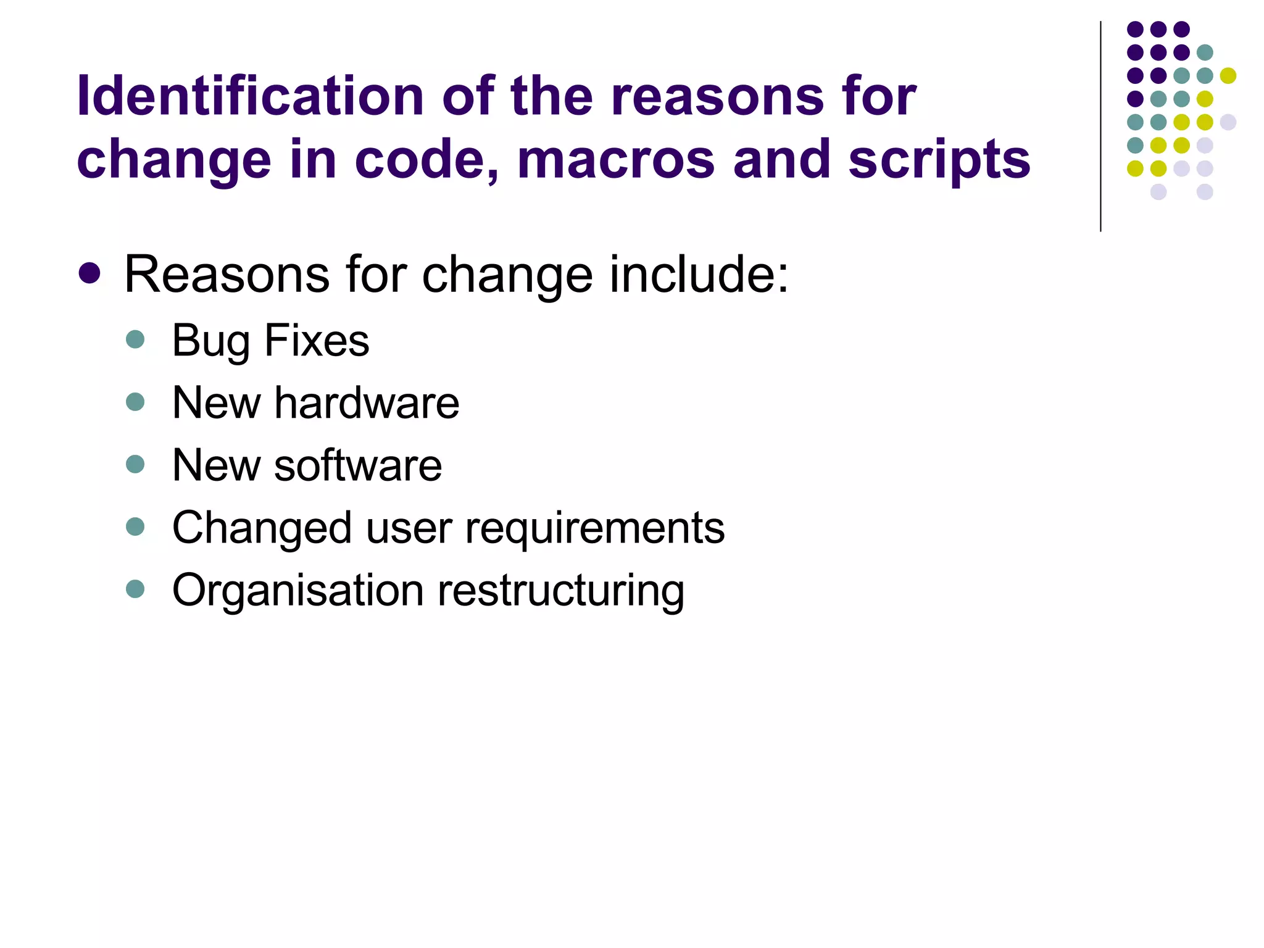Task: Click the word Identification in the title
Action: (x=250, y=96)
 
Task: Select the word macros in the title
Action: (x=616, y=159)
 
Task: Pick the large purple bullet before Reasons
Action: (x=90, y=273)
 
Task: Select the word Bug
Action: (x=210, y=341)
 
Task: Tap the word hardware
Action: (x=367, y=403)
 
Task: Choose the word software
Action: (x=358, y=465)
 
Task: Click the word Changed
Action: (x=262, y=528)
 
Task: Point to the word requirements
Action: (x=594, y=529)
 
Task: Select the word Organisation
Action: (x=297, y=591)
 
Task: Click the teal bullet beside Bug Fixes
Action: (x=135, y=339)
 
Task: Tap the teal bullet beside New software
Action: (x=135, y=464)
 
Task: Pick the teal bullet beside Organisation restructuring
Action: (x=135, y=589)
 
